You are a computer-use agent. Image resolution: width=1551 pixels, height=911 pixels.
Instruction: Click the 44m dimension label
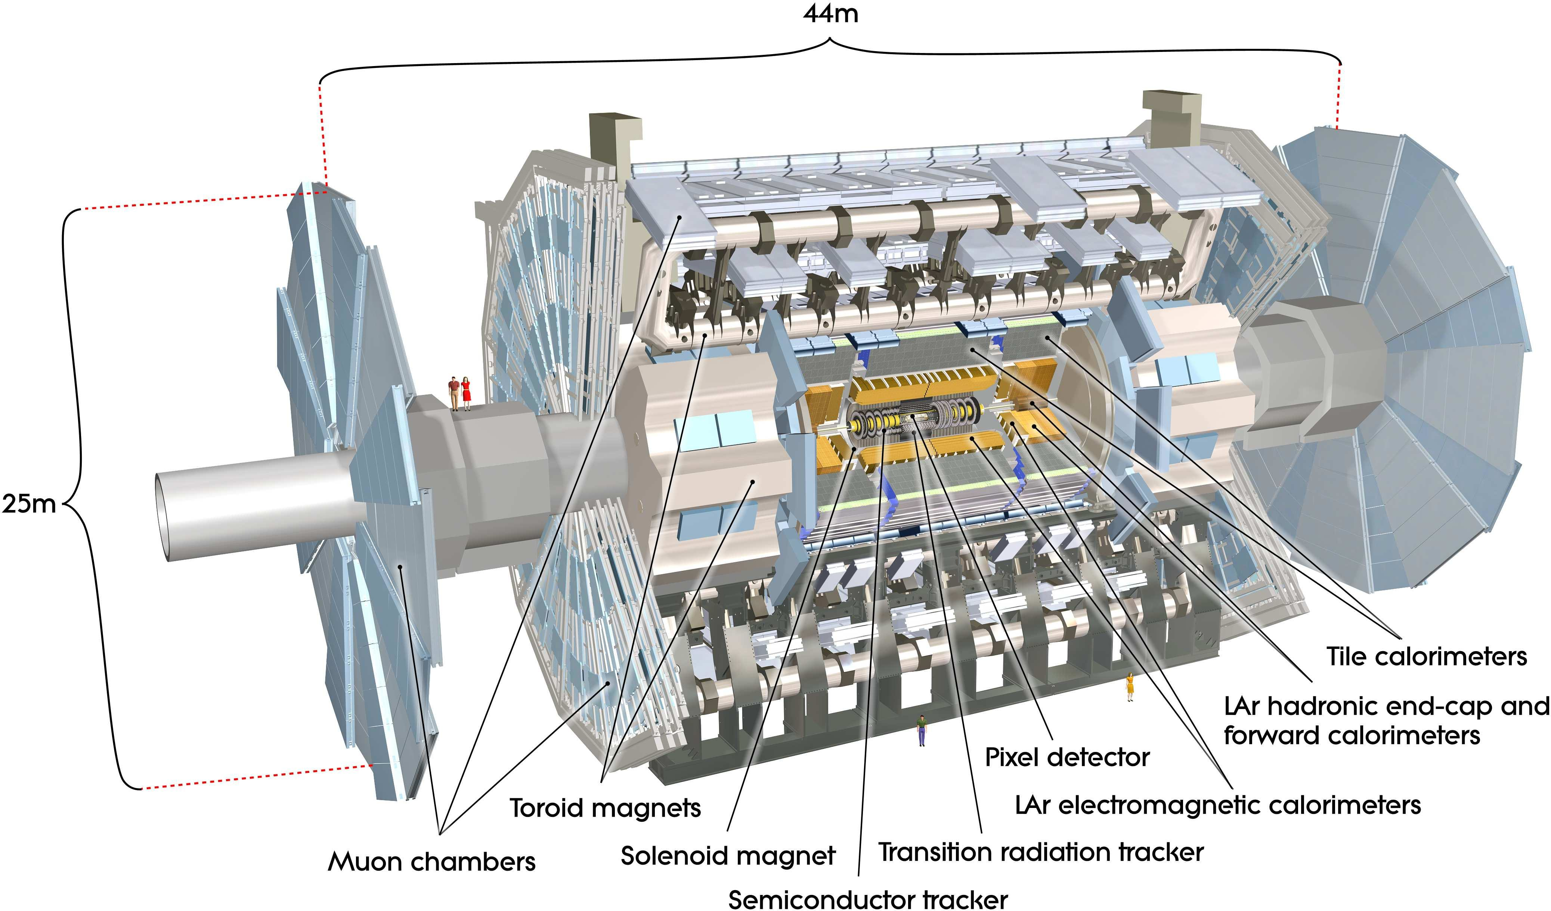(830, 13)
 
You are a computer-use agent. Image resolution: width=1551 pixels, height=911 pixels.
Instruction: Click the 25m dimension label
(29, 504)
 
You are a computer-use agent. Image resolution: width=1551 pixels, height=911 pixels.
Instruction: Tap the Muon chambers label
(431, 862)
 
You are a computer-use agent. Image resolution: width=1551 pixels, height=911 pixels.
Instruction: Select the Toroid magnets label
(605, 808)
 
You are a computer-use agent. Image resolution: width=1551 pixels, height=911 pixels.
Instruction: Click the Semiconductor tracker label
(868, 900)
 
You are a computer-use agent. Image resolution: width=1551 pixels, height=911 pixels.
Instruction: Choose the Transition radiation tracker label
(1041, 852)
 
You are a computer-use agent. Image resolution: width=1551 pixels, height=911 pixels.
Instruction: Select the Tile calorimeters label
(1426, 656)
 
